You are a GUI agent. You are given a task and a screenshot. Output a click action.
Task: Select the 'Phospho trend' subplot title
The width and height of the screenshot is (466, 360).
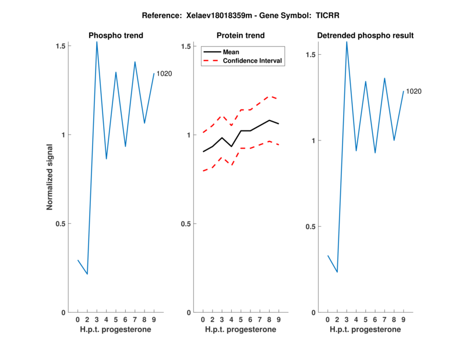tap(116, 36)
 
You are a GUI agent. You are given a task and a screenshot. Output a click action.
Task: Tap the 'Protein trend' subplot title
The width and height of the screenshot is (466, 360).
tap(241, 36)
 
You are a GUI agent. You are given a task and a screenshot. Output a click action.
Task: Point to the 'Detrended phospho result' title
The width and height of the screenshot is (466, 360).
tap(365, 36)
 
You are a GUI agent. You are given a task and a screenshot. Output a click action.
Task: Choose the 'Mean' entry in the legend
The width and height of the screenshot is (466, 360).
tap(231, 52)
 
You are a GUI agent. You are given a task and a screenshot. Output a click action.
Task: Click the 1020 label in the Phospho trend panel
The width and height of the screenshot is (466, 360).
tap(164, 74)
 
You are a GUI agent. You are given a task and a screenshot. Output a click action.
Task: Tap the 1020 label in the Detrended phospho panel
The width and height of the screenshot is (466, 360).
tap(414, 91)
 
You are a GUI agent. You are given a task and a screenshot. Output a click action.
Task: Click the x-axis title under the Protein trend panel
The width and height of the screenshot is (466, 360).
tap(241, 330)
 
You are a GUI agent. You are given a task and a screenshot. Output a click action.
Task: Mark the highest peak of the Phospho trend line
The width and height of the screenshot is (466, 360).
tap(97, 42)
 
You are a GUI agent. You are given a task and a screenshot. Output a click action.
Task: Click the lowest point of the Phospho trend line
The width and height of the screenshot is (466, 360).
tap(87, 274)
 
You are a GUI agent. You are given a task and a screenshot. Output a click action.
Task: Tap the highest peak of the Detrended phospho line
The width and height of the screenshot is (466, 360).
tap(347, 42)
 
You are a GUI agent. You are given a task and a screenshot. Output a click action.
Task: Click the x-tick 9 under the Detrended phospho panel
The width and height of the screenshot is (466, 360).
tap(403, 320)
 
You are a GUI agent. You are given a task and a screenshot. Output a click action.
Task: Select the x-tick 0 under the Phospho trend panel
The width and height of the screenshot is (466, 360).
tap(77, 320)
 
